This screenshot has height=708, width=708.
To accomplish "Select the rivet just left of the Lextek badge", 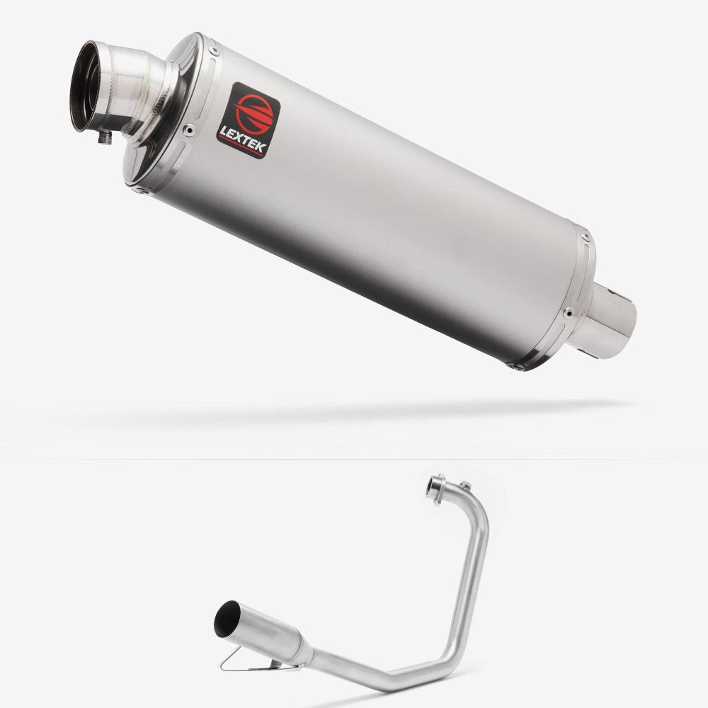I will pos(190,130).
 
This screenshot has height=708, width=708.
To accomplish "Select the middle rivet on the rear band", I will pos(569,312).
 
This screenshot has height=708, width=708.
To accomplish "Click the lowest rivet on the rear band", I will pos(518,367).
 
